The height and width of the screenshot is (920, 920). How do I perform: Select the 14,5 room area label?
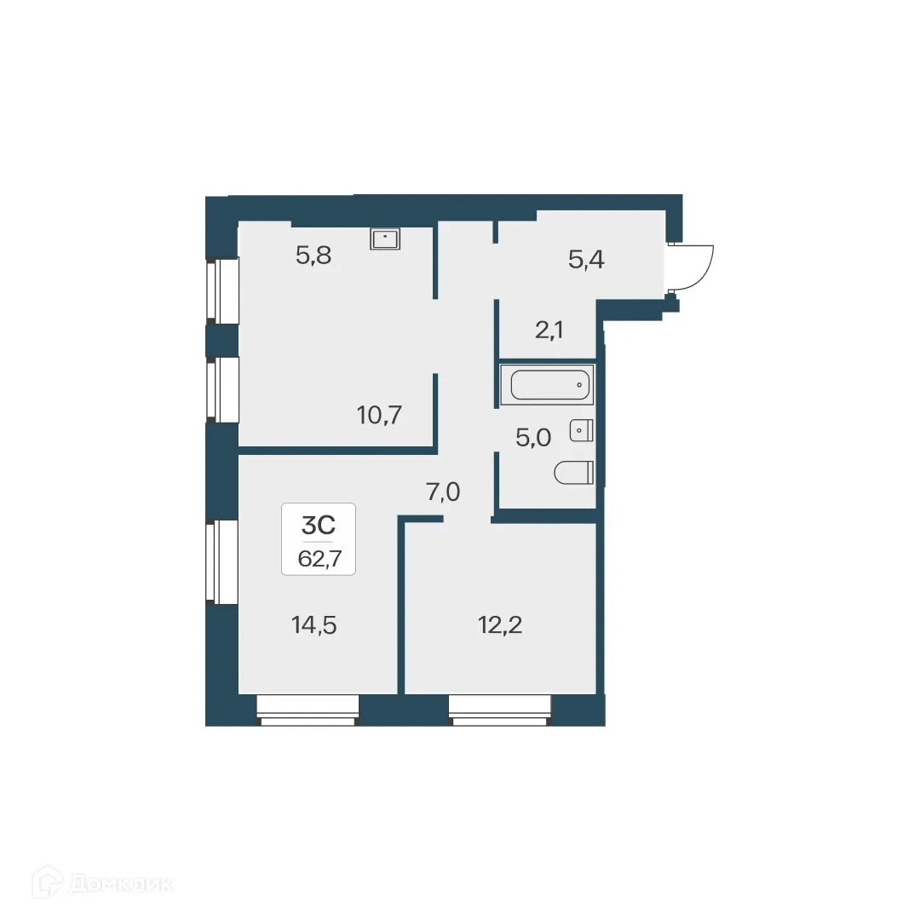[314, 625]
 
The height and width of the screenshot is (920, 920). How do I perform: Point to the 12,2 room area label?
[499, 625]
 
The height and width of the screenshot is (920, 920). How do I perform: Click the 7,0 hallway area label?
[443, 492]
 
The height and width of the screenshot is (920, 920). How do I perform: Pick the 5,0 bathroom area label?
[533, 438]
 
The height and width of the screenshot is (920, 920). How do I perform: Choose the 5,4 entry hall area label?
[586, 259]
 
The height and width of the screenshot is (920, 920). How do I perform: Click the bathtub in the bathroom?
[550, 386]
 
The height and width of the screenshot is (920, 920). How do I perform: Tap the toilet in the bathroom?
[573, 473]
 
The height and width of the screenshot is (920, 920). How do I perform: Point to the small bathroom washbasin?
[582, 431]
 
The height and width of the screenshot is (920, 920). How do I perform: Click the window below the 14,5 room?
[308, 710]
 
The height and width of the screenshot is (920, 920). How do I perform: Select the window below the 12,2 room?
[500, 710]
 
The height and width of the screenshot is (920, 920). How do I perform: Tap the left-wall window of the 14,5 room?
[221, 561]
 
